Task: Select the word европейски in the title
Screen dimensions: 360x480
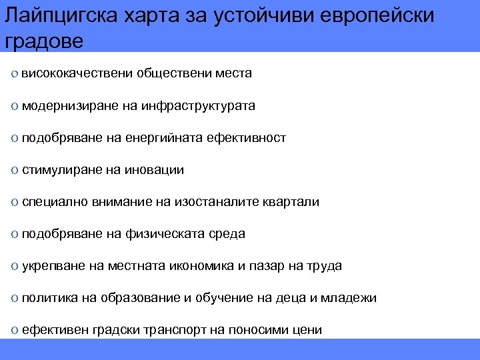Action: point(375,16)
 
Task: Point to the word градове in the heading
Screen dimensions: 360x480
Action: point(44,41)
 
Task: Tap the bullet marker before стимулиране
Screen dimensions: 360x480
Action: point(15,171)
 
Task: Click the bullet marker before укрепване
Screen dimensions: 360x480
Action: point(15,267)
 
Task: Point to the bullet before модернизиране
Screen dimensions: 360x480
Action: point(15,106)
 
